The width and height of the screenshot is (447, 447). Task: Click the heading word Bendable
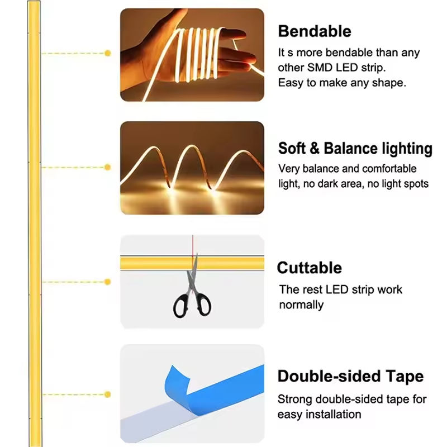pos(314,31)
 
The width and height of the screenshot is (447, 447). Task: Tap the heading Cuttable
pos(309,268)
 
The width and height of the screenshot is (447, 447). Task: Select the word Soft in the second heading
pos(292,149)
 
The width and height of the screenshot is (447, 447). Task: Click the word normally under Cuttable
pos(301,305)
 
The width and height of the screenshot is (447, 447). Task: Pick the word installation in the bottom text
pos(332,414)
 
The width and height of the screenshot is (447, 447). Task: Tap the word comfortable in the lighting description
pos(389,168)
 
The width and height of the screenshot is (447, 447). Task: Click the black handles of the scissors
pos(192,305)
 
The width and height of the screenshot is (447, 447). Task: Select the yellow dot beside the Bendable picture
pos(108,53)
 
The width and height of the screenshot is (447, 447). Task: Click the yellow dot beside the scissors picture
pos(108,282)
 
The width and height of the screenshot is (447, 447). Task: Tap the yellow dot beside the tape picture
pos(108,395)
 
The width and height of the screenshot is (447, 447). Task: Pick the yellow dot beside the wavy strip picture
pos(108,167)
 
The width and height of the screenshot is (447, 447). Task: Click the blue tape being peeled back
pos(223,386)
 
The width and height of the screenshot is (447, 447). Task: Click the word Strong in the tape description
pos(294,400)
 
